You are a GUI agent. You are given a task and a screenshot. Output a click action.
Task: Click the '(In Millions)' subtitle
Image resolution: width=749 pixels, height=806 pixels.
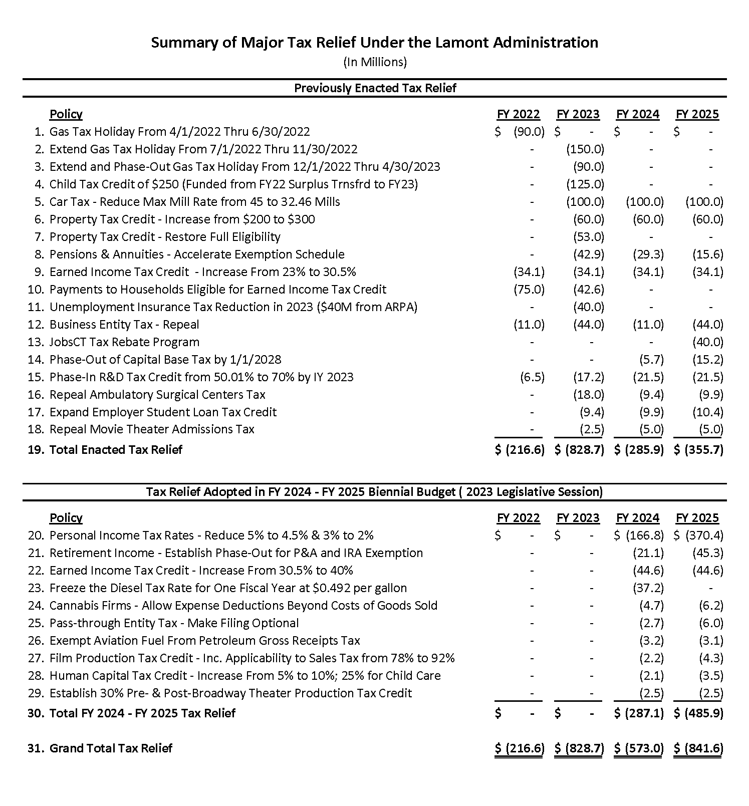tap(375, 62)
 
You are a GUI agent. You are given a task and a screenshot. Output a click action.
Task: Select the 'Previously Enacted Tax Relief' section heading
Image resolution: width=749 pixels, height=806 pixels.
tap(375, 88)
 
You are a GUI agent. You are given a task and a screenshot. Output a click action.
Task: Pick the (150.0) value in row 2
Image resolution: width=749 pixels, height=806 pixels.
tap(585, 149)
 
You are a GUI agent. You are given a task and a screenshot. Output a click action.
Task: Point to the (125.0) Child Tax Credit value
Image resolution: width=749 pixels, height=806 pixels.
tap(585, 184)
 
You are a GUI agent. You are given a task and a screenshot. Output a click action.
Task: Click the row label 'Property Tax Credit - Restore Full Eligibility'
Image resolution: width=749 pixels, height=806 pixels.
tap(165, 237)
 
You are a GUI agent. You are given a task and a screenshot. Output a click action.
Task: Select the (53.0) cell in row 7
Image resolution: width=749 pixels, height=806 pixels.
tap(589, 237)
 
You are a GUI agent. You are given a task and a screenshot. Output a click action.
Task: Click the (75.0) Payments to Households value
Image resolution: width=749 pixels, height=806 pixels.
tap(529, 290)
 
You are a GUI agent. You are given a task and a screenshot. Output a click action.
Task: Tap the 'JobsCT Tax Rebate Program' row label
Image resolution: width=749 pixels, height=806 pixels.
tap(124, 342)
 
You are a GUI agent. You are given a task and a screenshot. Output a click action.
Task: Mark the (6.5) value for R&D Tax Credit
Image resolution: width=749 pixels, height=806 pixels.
tap(532, 377)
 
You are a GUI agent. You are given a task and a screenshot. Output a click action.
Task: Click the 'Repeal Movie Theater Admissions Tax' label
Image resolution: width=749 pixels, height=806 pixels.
tap(152, 429)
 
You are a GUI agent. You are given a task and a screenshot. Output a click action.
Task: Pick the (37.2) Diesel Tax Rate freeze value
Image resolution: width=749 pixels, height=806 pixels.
tap(648, 588)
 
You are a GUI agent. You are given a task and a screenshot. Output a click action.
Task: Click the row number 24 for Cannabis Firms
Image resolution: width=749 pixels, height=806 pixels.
tap(36, 606)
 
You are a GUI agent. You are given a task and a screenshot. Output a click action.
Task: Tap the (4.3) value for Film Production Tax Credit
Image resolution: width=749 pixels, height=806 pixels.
tap(711, 658)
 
